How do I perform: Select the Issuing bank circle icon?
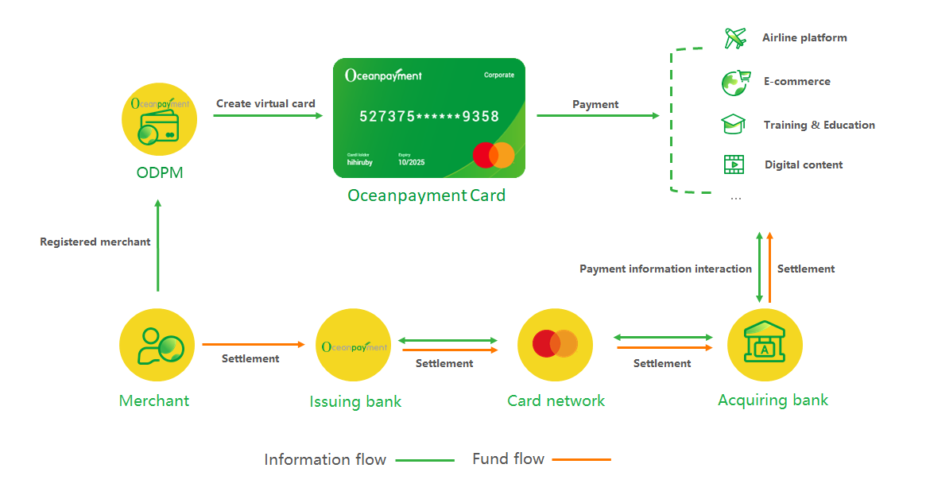354,345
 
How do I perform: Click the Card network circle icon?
555,344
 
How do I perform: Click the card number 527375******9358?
429,117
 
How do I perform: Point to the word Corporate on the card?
499,75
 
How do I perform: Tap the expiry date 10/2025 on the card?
411,162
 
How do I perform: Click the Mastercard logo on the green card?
494,155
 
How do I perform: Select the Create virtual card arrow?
268,116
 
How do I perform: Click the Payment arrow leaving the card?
598,116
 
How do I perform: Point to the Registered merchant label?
95,242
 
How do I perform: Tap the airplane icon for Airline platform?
735,37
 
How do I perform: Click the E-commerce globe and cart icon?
735,82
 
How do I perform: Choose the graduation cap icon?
733,125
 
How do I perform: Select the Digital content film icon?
734,164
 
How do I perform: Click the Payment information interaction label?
665,269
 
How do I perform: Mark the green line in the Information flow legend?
424,460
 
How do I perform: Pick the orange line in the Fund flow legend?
581,460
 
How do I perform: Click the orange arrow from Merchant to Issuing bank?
254,345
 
